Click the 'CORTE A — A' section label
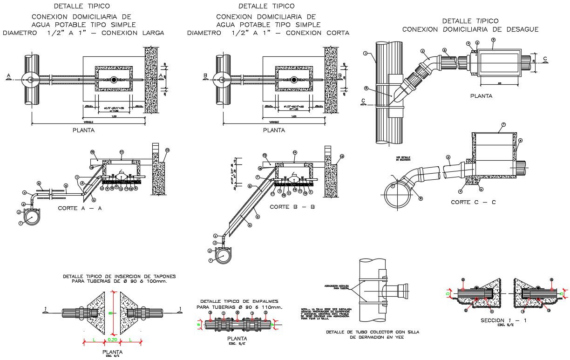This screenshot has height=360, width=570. [x=80, y=208]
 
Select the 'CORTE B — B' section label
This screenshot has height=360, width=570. [x=292, y=206]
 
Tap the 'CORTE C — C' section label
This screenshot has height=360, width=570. [x=473, y=202]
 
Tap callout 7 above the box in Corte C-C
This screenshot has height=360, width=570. [x=503, y=125]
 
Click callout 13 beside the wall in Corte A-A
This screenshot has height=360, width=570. [x=167, y=150]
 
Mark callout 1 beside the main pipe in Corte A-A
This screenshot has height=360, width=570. [x=21, y=224]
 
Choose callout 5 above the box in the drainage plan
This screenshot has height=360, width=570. [x=493, y=40]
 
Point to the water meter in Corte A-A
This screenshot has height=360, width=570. [x=121, y=177]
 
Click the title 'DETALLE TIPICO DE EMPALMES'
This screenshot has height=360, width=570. [x=239, y=301]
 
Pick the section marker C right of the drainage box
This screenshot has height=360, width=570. [x=545, y=58]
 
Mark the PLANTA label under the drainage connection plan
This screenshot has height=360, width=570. [x=481, y=96]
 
